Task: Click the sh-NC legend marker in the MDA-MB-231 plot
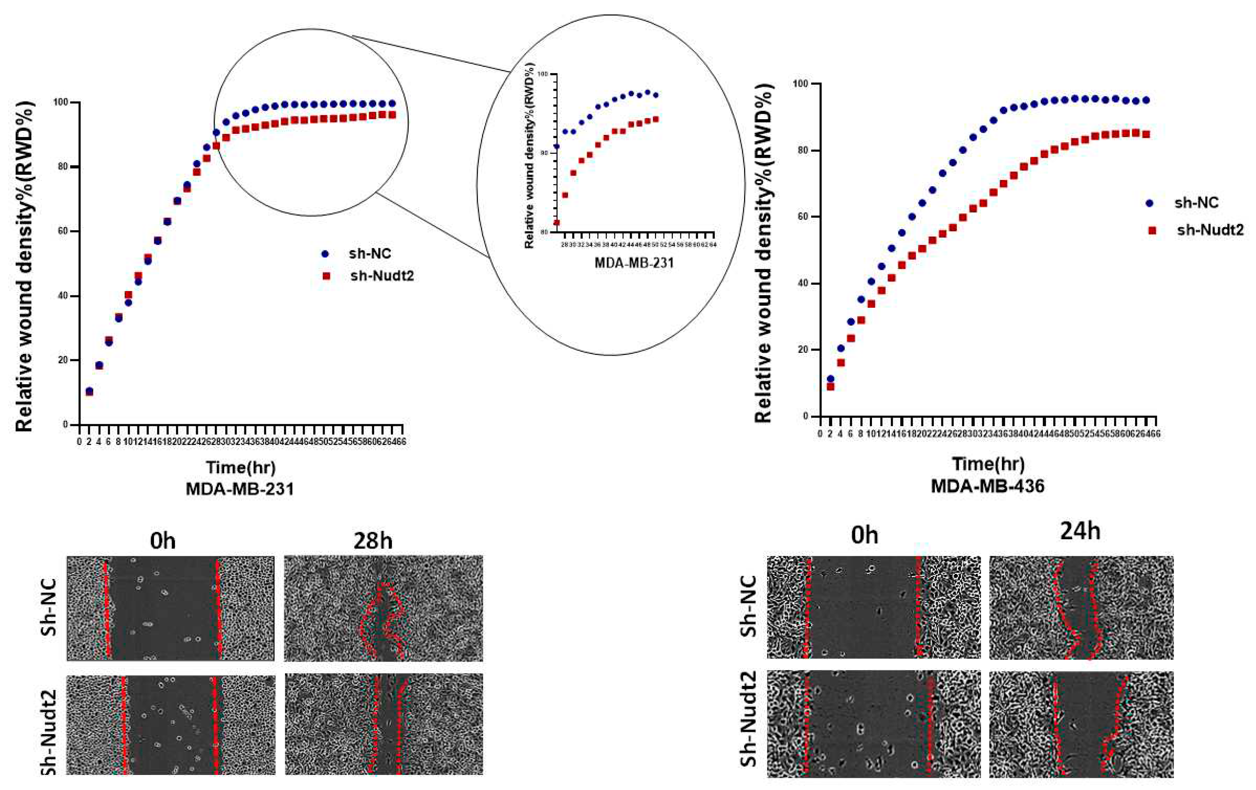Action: [326, 254]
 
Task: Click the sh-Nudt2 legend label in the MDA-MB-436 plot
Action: [1210, 230]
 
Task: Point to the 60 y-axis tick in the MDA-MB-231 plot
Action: [67, 232]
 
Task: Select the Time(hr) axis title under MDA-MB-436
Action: [988, 463]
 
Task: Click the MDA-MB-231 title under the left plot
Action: [240, 489]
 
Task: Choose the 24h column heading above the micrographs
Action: [1080, 532]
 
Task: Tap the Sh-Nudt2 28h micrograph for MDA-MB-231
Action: [383, 724]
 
